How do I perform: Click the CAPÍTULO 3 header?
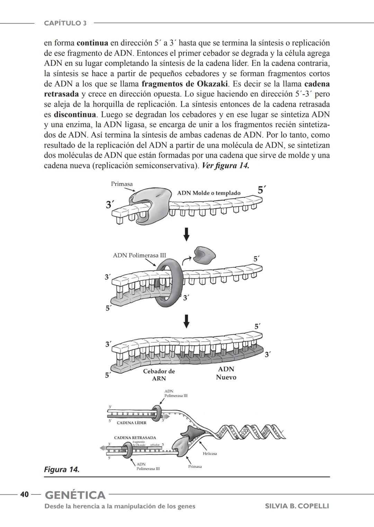pos(65,23)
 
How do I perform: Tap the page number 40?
pos(24,494)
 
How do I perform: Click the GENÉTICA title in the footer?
pos(75,495)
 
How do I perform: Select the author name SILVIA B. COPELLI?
pos(297,506)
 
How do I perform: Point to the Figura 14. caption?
pos(62,470)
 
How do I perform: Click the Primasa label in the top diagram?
pos(122,184)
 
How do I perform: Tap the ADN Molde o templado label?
pos(208,193)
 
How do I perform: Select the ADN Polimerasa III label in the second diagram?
pos(139,256)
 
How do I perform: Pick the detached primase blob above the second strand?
pos(204,255)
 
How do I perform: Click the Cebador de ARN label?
pos(159,375)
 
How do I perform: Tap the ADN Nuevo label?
pos(226,373)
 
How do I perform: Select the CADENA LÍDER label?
pos(131,423)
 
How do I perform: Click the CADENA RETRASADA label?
pos(135,438)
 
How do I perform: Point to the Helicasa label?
pos(210,453)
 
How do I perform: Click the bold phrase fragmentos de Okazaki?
pos(185,84)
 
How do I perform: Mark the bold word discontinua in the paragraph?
pos(74,114)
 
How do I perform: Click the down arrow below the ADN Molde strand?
pos(186,234)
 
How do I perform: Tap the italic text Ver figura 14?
pos(225,166)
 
